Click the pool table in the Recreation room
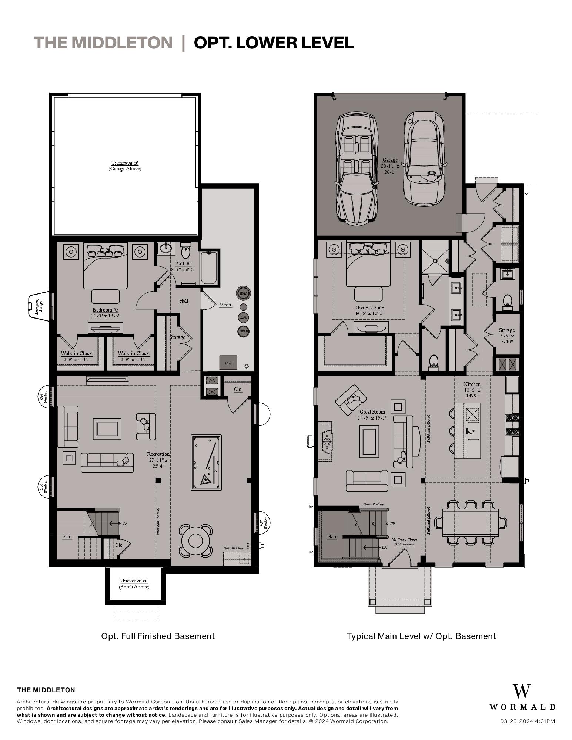pyautogui.click(x=206, y=462)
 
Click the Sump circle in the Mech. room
pyautogui.click(x=243, y=331)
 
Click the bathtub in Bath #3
pyautogui.click(x=210, y=267)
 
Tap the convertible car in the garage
pyautogui.click(x=356, y=168)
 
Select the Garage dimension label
pyautogui.click(x=390, y=169)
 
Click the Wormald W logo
pyautogui.click(x=522, y=692)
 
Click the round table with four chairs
pyautogui.click(x=195, y=541)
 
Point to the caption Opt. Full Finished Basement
pyautogui.click(x=158, y=636)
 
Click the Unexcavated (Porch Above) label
pyautogui.click(x=134, y=583)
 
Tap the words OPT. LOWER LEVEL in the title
pyautogui.click(x=274, y=43)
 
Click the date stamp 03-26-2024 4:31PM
pyautogui.click(x=528, y=721)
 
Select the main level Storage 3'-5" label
pyautogui.click(x=506, y=333)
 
